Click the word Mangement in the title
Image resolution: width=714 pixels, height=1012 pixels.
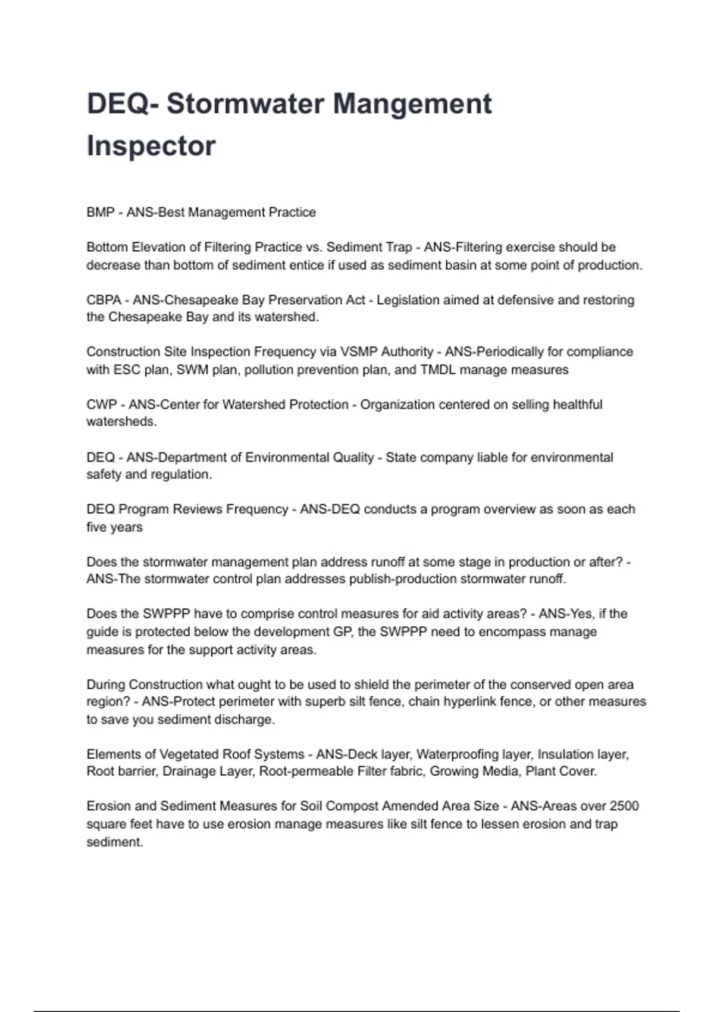412,104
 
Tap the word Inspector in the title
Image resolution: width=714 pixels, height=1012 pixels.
151,146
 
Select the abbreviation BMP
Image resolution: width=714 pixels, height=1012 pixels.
100,213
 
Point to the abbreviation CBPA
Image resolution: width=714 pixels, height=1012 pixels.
104,300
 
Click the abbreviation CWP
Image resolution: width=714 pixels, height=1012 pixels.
102,405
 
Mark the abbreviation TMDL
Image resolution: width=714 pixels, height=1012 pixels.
437,370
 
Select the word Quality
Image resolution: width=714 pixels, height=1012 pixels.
353,457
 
